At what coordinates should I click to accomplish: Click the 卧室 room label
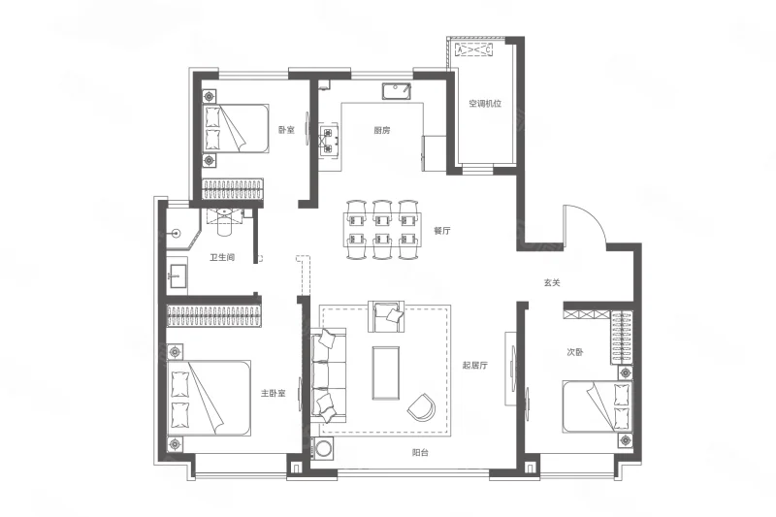point(286,130)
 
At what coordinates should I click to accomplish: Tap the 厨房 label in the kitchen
point(381,131)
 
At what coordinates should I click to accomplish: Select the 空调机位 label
point(486,104)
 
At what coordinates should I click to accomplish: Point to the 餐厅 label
point(442,231)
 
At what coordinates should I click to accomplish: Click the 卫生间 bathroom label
point(222,257)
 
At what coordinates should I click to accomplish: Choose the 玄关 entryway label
point(552,283)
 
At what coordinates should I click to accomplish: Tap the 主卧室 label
point(274,394)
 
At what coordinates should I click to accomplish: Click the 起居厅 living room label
point(475,366)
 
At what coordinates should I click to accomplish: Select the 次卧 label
point(574,352)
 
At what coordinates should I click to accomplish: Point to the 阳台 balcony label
point(420,452)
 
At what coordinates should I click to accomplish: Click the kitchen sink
point(397,91)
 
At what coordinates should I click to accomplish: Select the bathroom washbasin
point(177,276)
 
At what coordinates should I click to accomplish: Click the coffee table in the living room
point(385,373)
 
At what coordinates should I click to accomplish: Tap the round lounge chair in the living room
point(421,406)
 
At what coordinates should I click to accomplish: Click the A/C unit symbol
point(473,49)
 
